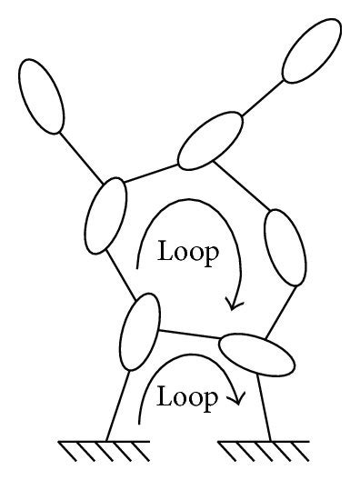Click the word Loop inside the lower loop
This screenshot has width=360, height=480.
(187, 396)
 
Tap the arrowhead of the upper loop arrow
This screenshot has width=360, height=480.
(235, 304)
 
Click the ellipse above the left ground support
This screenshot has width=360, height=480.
(140, 332)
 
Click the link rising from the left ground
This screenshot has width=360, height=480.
(118, 405)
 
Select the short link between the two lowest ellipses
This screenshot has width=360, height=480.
(190, 334)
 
